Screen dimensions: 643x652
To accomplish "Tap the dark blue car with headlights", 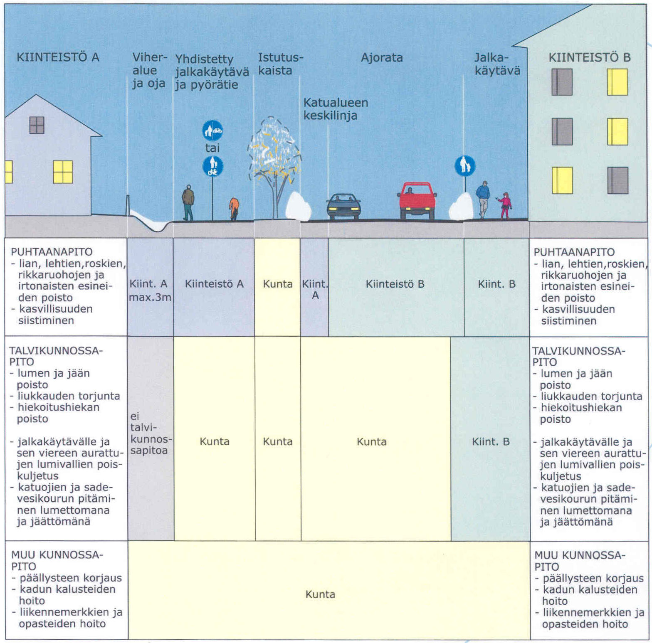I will pos(343,206).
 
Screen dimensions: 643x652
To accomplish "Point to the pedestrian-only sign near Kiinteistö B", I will pos(465,166).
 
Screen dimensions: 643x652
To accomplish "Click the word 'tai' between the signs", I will pos(212,148).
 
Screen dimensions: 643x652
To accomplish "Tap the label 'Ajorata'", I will pos(382,58).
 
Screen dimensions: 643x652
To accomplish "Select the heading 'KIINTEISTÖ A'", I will pos(58,57).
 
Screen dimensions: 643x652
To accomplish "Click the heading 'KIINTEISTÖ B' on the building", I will pos(589,58).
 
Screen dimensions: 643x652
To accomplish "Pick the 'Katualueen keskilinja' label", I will pos(335,109).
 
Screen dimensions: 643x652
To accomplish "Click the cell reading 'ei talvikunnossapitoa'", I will pos(150,434).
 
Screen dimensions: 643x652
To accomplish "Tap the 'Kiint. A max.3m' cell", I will pos(150,290).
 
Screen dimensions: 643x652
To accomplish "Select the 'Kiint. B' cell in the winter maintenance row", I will pos(491,441).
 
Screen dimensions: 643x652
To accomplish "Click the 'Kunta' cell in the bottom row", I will pos(320,594).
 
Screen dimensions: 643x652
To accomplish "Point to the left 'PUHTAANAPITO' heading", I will pos(52,252).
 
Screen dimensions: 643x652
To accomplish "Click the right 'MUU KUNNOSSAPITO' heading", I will pos(579,561).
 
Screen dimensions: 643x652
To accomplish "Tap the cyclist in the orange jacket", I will pos(234,208).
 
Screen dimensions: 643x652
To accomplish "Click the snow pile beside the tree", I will pos(299,206).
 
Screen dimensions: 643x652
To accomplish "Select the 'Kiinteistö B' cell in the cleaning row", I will pos(395,284).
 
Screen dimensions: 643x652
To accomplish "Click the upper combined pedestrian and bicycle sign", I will pos(212,131).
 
